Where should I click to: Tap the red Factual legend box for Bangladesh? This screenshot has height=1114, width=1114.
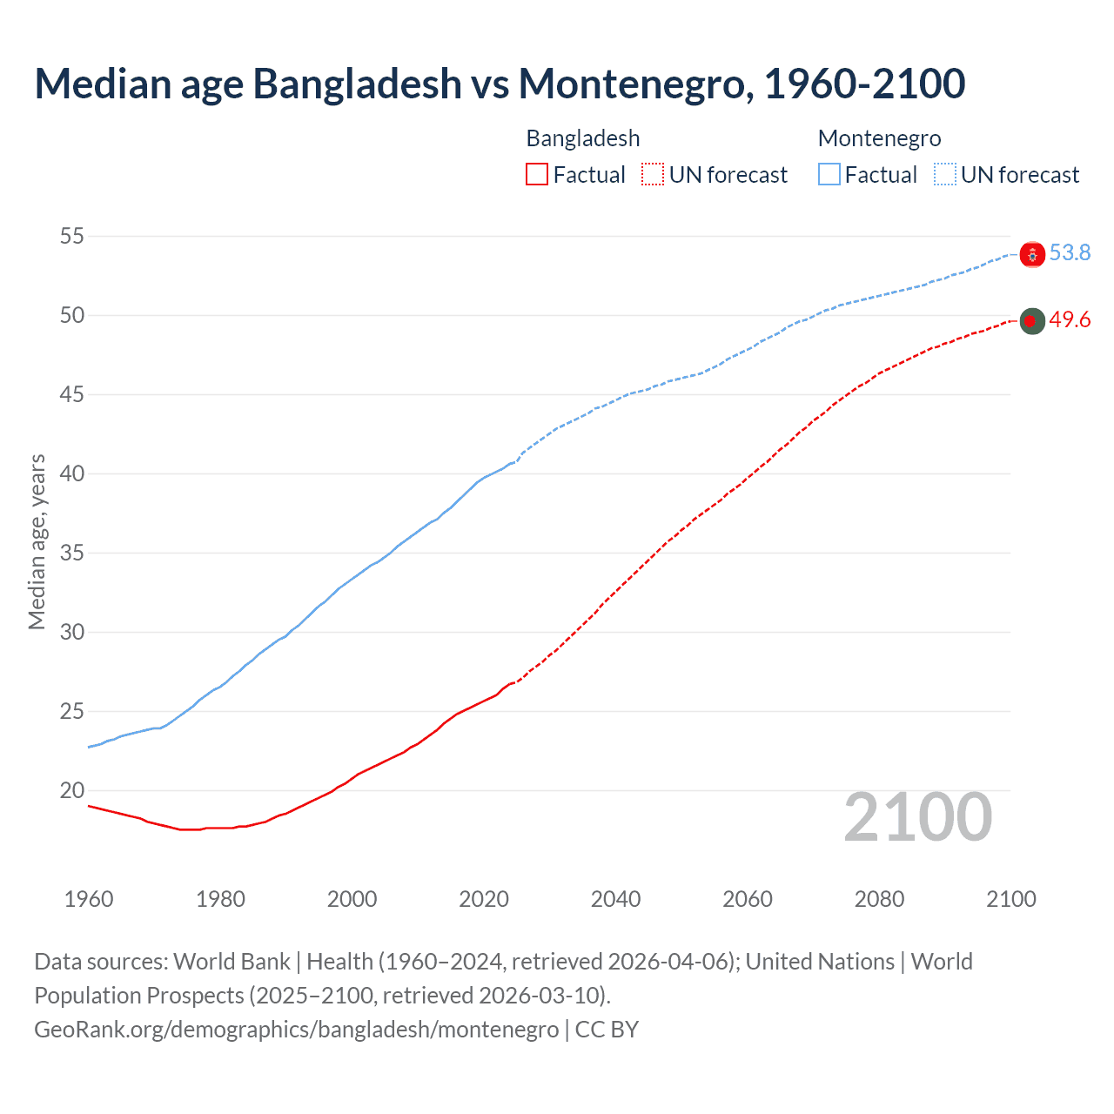point(537,175)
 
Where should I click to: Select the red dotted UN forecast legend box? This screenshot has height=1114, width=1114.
point(653,175)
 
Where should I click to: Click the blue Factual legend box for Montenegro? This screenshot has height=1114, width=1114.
point(829,175)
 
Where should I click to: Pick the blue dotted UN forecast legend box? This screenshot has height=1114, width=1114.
point(945,175)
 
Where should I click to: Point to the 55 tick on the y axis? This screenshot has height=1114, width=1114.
point(73,236)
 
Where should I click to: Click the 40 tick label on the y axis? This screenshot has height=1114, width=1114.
point(73,473)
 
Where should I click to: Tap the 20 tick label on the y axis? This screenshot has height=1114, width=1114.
point(73,790)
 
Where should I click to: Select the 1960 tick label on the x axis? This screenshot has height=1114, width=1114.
point(89,899)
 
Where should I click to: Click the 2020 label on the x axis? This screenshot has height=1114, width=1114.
point(484,899)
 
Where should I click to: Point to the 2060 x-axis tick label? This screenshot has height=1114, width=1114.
point(748,899)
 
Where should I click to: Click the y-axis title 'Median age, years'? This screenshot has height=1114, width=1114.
point(37,541)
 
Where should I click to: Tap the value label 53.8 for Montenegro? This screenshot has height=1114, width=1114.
point(1070,252)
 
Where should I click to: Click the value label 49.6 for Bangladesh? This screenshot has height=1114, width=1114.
point(1070,320)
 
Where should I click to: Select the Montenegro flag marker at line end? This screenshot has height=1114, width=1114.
point(1032,254)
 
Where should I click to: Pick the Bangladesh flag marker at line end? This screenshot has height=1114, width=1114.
point(1032,321)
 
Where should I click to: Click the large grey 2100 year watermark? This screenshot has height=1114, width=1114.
point(918,817)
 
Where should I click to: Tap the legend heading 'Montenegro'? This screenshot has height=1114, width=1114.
point(879,138)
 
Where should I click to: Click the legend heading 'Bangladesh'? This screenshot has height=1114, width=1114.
point(583,138)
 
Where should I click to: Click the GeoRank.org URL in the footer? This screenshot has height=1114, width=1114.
point(296,1030)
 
